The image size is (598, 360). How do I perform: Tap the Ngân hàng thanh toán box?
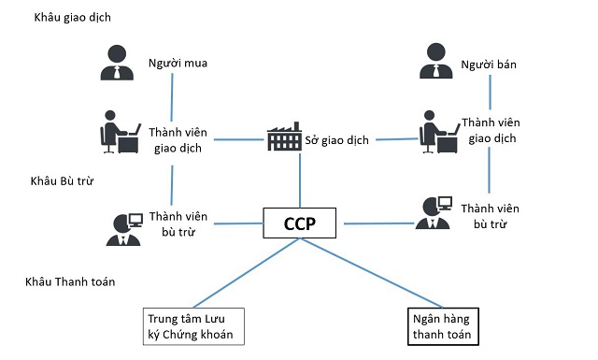[440, 327]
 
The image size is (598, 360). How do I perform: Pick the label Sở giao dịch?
[337, 140]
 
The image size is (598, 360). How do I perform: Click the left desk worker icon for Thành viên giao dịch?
[117, 132]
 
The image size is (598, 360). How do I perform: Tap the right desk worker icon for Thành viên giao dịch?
[434, 132]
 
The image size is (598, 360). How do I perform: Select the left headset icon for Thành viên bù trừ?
[123, 225]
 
